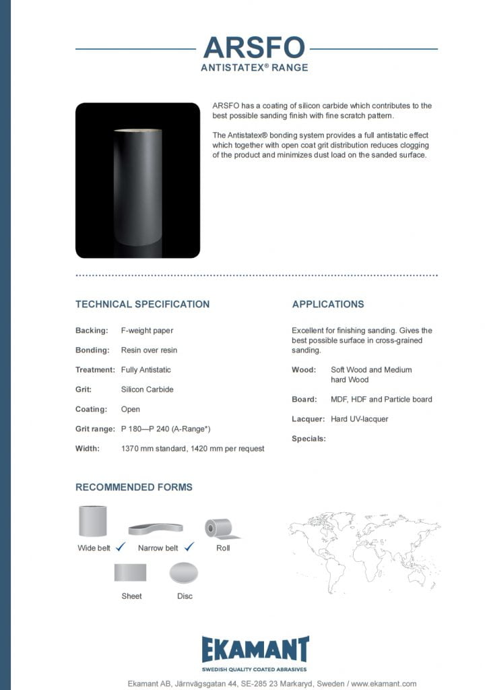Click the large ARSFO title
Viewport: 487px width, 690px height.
click(254, 48)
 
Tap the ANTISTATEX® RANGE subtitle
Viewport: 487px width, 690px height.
click(254, 67)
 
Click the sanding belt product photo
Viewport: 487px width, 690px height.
click(137, 181)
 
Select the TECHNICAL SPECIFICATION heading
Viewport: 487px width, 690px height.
click(142, 304)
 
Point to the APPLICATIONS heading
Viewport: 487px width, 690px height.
click(327, 304)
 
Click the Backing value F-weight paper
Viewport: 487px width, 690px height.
click(147, 331)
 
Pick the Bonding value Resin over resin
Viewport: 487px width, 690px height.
click(149, 350)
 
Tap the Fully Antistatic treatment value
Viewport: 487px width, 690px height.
click(145, 370)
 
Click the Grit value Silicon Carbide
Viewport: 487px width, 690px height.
click(147, 389)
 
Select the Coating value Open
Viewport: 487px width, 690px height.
click(131, 409)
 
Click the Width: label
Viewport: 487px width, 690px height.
click(88, 448)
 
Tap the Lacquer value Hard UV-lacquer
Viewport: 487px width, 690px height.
click(359, 419)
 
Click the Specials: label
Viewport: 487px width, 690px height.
click(309, 439)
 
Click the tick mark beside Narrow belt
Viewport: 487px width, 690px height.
click(189, 547)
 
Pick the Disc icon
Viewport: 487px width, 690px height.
click(183, 574)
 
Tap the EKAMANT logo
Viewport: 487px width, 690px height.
click(256, 650)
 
